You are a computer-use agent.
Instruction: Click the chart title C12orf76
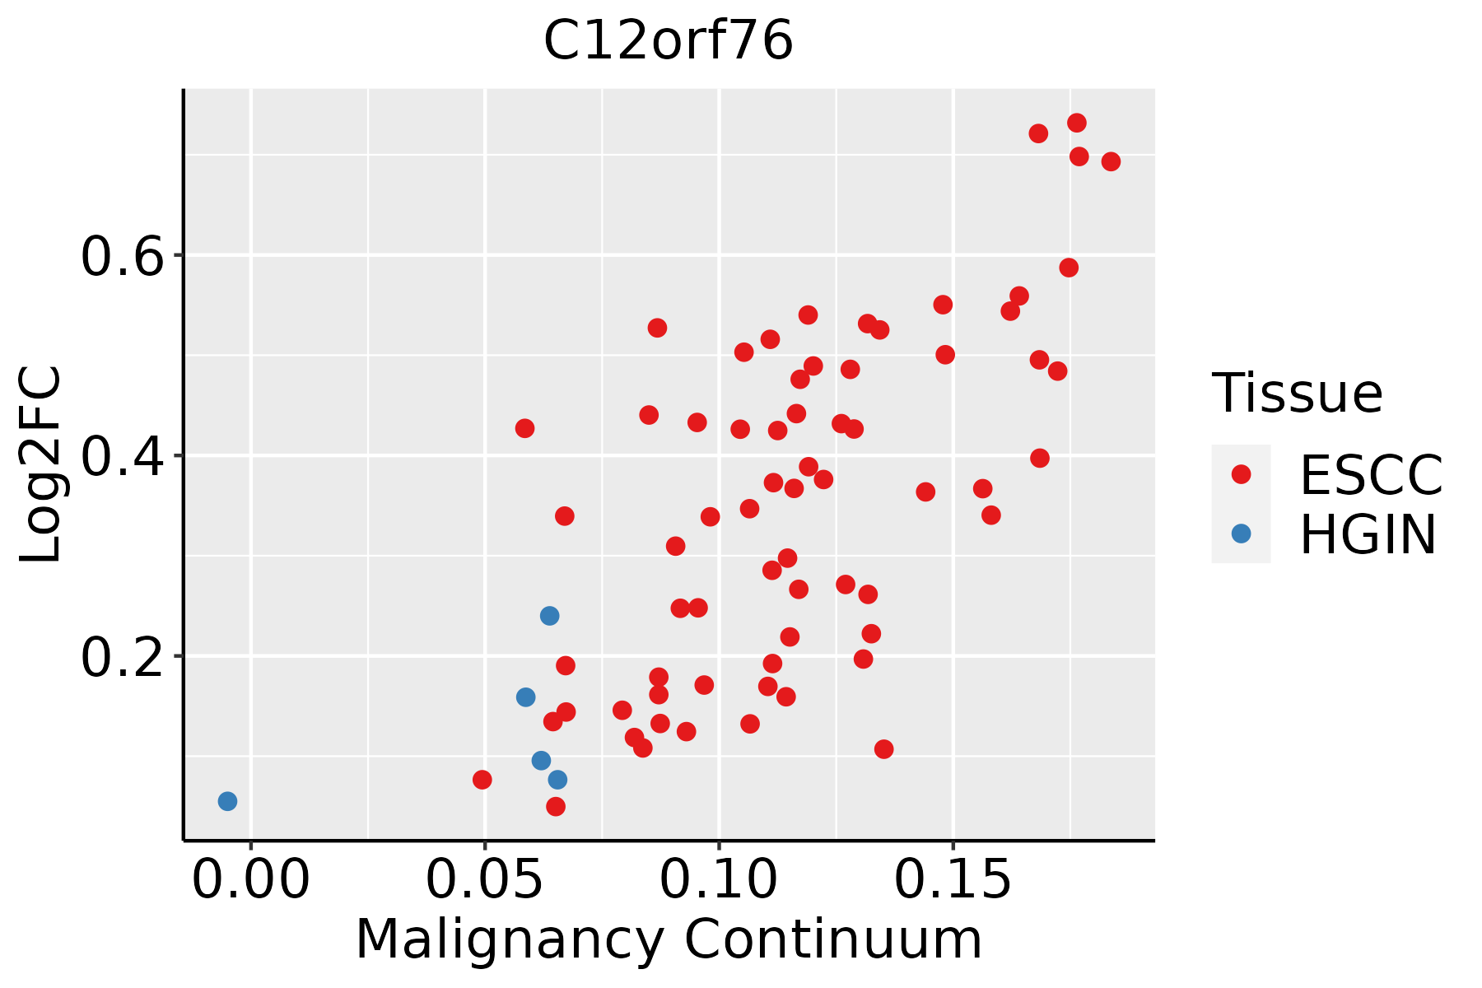point(668,41)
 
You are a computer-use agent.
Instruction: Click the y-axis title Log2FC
point(41,465)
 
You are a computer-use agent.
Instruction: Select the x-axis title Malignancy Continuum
point(669,939)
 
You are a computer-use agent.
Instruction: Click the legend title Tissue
point(1297,393)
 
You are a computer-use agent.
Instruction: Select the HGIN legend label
point(1368,534)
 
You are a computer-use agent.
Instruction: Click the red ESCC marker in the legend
point(1241,474)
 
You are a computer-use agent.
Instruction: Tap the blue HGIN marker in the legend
point(1241,534)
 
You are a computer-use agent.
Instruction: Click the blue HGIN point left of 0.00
point(228,801)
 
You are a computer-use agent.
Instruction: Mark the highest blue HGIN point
point(550,616)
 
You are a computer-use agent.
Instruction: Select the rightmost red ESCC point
point(1111,161)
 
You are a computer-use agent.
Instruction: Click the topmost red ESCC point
point(1077,123)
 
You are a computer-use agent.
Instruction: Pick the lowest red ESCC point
point(556,806)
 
